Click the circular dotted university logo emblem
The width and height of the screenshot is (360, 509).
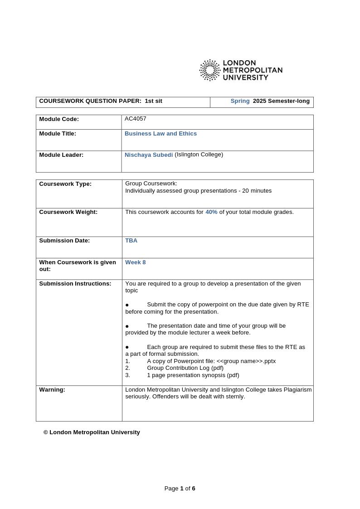pos(209,70)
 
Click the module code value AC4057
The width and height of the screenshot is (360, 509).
pos(136,119)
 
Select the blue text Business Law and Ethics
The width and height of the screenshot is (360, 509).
pos(161,134)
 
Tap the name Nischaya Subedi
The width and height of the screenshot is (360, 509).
pos(149,155)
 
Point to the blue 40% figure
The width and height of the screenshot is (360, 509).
pos(211,212)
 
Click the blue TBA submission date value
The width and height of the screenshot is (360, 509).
pos(131,241)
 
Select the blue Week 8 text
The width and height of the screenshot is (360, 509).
pos(135,262)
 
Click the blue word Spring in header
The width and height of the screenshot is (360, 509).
pos(240,101)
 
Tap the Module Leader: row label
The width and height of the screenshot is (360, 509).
pos(61,155)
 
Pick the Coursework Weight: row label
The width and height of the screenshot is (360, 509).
pos(68,212)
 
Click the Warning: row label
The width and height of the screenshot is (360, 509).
pos(52,390)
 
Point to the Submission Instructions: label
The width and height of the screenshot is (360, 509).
pos(75,284)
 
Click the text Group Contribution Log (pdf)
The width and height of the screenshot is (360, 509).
pos(185,368)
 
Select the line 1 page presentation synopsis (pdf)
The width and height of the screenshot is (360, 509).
pos(193,375)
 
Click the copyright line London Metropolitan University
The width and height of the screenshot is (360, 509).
pos(92,432)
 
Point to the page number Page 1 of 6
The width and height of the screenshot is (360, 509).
pos(180,489)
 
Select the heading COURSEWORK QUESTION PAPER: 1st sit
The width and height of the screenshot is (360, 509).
pos(101,101)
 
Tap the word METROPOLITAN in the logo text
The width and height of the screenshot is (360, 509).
pos(253,70)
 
